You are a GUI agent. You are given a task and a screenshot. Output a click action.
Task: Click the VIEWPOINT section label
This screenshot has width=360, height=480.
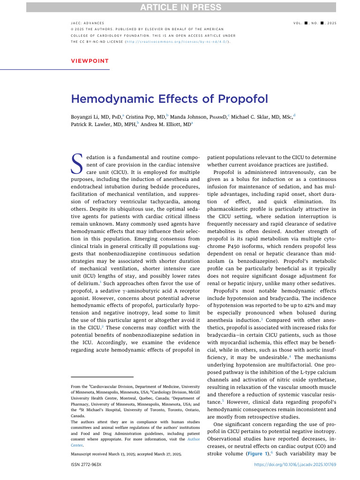[x=90, y=60]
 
